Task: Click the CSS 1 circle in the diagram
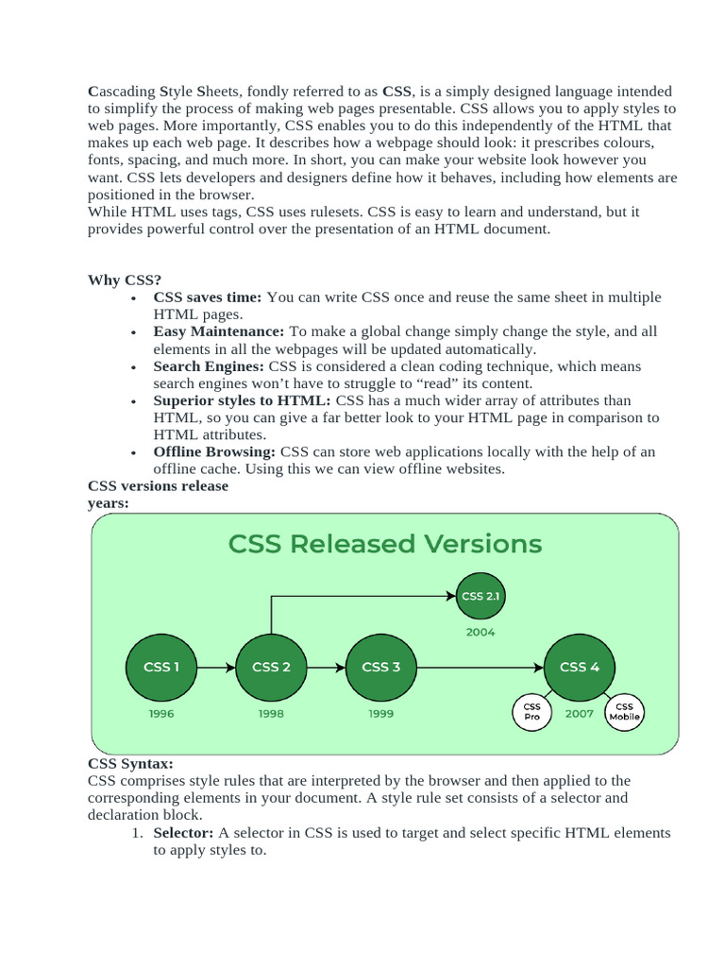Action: click(161, 667)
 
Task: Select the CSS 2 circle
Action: click(271, 667)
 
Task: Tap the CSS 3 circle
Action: click(381, 667)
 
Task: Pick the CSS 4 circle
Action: click(579, 667)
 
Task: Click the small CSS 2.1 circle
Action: click(480, 596)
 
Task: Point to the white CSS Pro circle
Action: click(532, 711)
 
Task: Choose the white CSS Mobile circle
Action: click(624, 711)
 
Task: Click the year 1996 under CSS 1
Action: click(161, 714)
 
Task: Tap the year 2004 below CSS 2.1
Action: click(480, 633)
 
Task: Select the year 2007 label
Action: click(579, 714)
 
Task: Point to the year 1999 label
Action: click(381, 714)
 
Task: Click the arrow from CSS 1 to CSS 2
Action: click(216, 668)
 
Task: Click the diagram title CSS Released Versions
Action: click(385, 544)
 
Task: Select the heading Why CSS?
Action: click(125, 280)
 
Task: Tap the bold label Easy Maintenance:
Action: click(219, 331)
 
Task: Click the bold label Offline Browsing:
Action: click(215, 452)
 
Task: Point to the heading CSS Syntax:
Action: click(130, 763)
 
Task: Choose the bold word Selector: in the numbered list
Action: click(184, 833)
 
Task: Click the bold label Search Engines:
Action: click(210, 366)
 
